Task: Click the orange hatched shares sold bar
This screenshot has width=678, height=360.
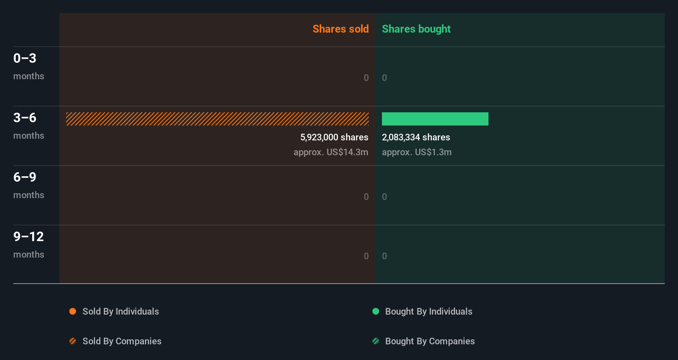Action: pyautogui.click(x=217, y=119)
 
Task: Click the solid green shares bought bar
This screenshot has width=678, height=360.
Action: pyautogui.click(x=435, y=119)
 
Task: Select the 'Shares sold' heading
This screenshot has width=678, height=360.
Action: pyautogui.click(x=340, y=29)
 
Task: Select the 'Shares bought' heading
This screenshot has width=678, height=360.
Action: pyautogui.click(x=416, y=29)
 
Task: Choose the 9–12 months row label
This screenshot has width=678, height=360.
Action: pyautogui.click(x=28, y=244)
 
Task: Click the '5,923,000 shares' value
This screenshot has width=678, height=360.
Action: pyautogui.click(x=334, y=137)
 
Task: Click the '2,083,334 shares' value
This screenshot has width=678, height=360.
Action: pyautogui.click(x=416, y=137)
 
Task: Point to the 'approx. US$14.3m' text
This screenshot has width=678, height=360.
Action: pyautogui.click(x=331, y=152)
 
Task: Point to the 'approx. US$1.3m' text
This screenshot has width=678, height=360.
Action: pyautogui.click(x=417, y=152)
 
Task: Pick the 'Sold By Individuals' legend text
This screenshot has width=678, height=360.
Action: pyautogui.click(x=121, y=311)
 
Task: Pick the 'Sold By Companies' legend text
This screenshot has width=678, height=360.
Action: pyautogui.click(x=122, y=341)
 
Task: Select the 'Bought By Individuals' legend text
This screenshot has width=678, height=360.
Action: pyautogui.click(x=429, y=311)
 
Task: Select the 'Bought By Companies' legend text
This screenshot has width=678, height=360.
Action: pyautogui.click(x=430, y=341)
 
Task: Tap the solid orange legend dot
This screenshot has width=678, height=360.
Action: pyautogui.click(x=73, y=311)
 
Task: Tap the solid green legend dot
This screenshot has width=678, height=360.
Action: pyautogui.click(x=376, y=311)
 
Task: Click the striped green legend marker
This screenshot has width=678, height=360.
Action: pyautogui.click(x=376, y=341)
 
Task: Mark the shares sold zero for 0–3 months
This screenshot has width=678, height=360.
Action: pyautogui.click(x=366, y=78)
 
